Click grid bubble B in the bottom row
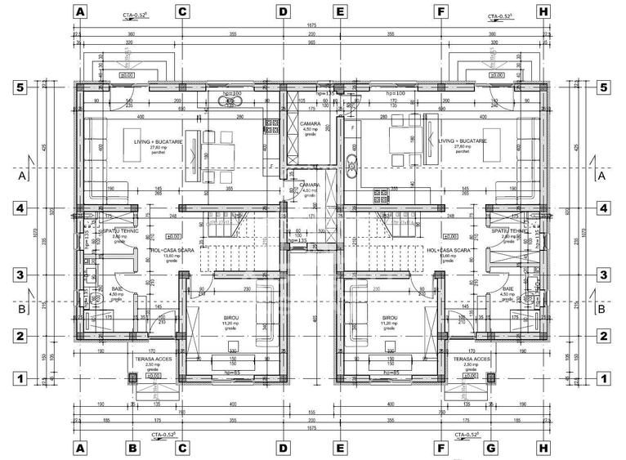tap(131, 448)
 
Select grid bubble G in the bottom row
tap(491, 448)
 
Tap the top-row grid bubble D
tap(283, 12)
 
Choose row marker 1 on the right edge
tap(603, 378)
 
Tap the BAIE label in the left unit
tap(118, 288)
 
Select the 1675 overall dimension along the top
tap(312, 26)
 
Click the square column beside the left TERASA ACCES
tap(132, 377)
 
